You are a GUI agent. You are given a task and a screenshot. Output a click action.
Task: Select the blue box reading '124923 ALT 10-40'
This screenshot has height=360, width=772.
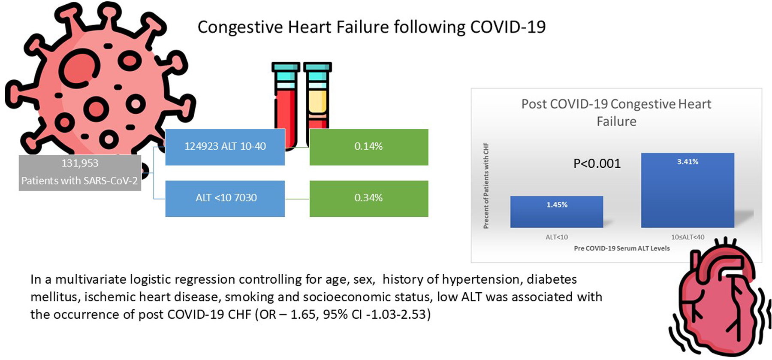pyautogui.click(x=225, y=147)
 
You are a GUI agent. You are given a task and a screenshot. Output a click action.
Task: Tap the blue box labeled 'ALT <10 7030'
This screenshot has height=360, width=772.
pyautogui.click(x=225, y=198)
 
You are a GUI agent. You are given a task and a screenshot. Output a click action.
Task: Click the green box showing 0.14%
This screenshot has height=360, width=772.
pyautogui.click(x=369, y=147)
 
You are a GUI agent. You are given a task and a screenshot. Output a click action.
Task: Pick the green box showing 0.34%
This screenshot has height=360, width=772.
pyautogui.click(x=369, y=198)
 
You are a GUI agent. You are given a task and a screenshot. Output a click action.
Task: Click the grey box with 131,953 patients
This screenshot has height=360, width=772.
pyautogui.click(x=80, y=172)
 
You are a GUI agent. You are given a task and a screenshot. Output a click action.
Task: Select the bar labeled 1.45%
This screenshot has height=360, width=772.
pyautogui.click(x=557, y=212)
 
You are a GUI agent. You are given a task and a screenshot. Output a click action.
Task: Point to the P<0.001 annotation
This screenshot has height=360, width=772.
pyautogui.click(x=597, y=164)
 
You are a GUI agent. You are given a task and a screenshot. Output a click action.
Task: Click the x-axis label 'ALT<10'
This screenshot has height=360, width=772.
pyautogui.click(x=557, y=237)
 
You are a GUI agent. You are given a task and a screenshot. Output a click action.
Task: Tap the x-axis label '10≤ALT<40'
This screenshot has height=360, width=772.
pyautogui.click(x=688, y=237)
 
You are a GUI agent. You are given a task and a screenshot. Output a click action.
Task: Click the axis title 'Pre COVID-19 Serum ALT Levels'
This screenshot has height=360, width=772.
pyautogui.click(x=621, y=248)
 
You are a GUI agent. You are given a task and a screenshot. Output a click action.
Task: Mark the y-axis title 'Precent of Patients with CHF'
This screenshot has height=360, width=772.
pyautogui.click(x=486, y=186)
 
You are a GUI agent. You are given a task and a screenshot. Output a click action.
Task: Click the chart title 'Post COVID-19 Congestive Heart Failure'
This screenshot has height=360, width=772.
pyautogui.click(x=616, y=112)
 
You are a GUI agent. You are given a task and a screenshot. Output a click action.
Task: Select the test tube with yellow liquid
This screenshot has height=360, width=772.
pyautogui.click(x=317, y=99)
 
